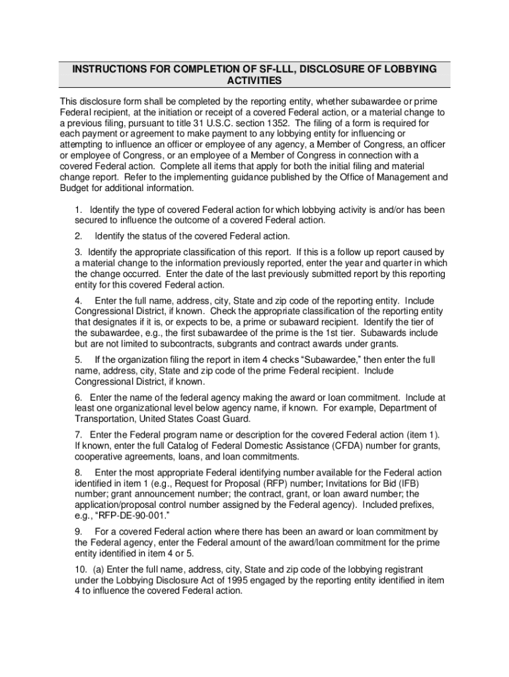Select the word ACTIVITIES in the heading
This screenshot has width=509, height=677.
pyautogui.click(x=255, y=81)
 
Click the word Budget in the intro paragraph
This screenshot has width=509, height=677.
pyautogui.click(x=75, y=188)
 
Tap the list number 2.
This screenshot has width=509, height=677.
pyautogui.click(x=78, y=236)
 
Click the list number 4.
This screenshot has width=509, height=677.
pyautogui.click(x=78, y=300)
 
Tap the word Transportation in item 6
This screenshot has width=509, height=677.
pyautogui.click(x=103, y=419)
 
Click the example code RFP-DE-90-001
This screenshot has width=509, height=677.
pyautogui.click(x=124, y=516)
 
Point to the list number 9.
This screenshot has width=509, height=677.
pyautogui.click(x=78, y=532)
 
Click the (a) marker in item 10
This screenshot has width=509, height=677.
pyautogui.click(x=96, y=569)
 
